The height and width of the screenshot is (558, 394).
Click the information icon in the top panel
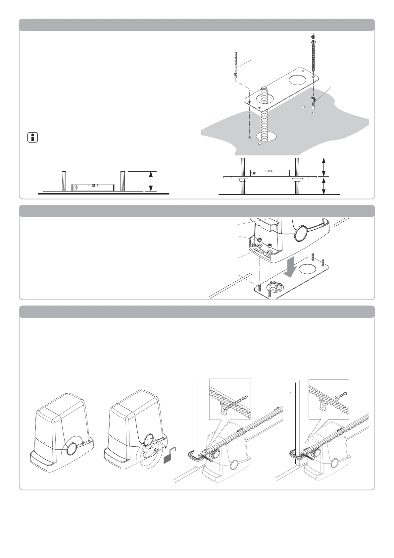pos(32,138)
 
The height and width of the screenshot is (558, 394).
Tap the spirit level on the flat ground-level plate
pos(93,187)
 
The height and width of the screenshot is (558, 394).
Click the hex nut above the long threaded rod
pos(313,36)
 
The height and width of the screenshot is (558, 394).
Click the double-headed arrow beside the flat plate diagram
pos(151,181)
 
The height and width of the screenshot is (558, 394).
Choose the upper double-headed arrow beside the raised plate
pos(324,167)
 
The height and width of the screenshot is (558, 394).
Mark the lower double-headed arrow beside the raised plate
pos(324,186)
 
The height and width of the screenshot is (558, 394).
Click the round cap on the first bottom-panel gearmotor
pos(72,449)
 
